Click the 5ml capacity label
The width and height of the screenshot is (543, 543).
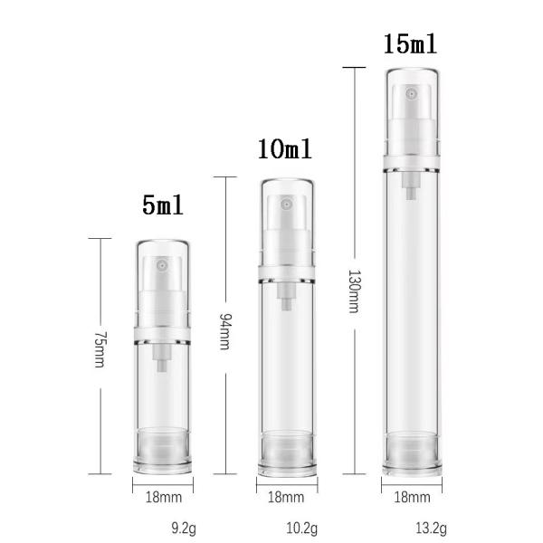(x=163, y=205)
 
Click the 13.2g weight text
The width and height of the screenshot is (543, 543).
(x=431, y=529)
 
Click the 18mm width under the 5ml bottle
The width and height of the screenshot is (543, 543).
(x=163, y=497)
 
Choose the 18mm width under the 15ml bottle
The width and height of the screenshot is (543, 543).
(x=413, y=497)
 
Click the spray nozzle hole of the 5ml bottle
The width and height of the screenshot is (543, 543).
(x=163, y=268)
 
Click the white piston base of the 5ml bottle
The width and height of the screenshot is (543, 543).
(x=163, y=449)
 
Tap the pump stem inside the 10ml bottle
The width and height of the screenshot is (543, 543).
(x=287, y=300)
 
